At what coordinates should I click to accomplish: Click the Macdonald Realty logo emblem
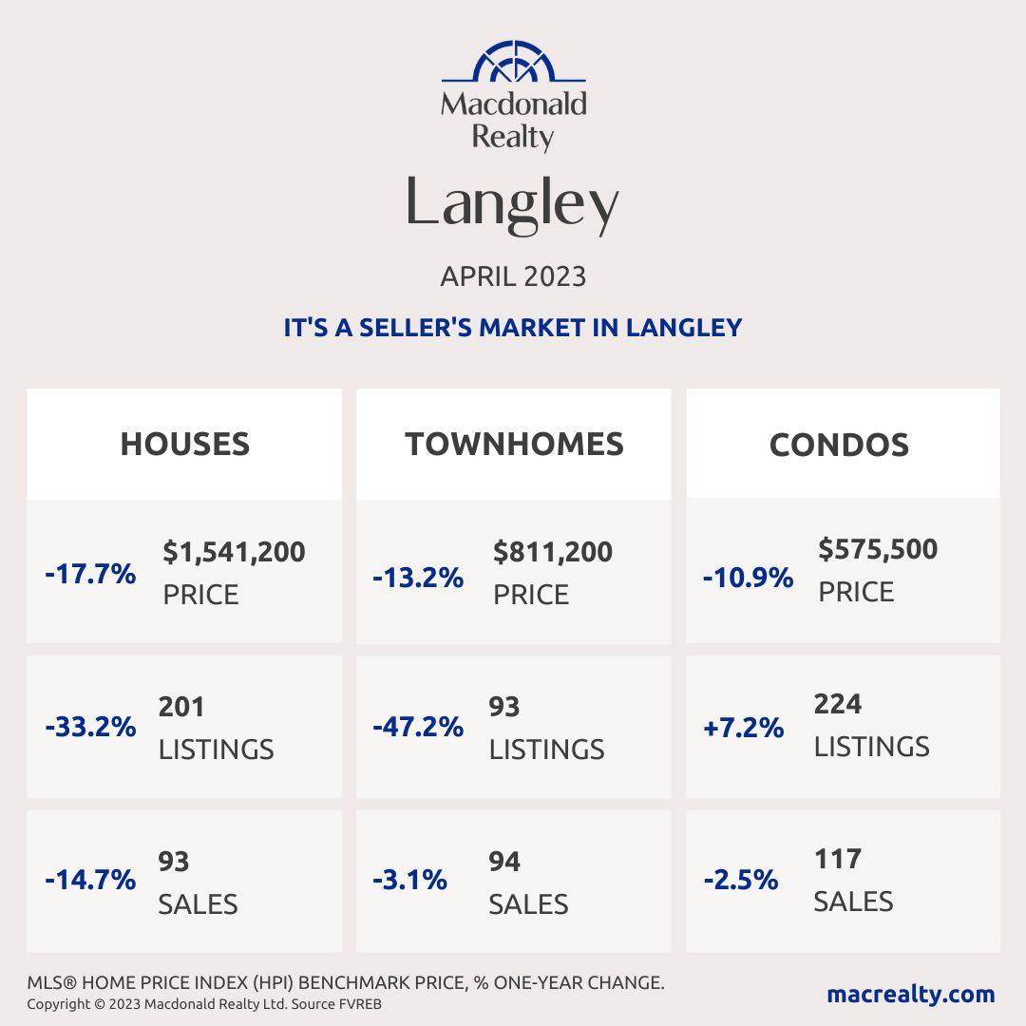click(513, 63)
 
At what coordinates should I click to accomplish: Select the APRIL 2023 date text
click(513, 276)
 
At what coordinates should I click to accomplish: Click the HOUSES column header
click(184, 444)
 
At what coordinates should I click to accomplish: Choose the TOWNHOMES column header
click(514, 444)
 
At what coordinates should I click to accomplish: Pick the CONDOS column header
click(839, 444)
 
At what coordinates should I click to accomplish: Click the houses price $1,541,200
click(234, 551)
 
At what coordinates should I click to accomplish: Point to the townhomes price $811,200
click(553, 551)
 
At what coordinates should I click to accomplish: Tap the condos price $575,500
click(878, 548)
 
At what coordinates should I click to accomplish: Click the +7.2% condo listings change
click(744, 728)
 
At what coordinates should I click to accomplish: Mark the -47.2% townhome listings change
click(418, 728)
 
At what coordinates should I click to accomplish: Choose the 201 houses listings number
click(181, 707)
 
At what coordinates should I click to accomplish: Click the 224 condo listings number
click(838, 704)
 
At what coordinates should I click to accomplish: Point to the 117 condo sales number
click(838, 859)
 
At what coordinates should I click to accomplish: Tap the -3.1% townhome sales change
click(409, 880)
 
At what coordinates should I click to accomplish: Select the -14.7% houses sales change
click(90, 880)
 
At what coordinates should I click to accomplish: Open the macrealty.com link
click(911, 994)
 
